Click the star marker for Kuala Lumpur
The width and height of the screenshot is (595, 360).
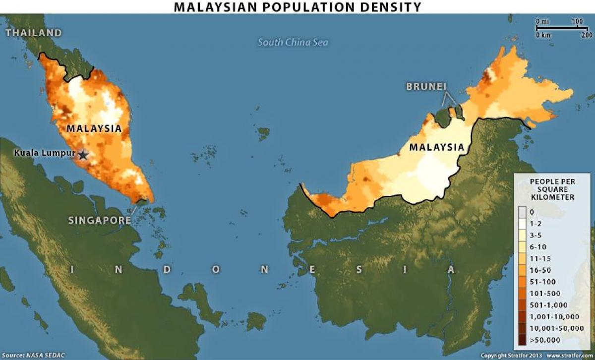pyautogui.click(x=83, y=155)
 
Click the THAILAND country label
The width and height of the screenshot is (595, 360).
pyautogui.click(x=34, y=33)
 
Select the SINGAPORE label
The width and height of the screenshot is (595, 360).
pyautogui.click(x=100, y=220)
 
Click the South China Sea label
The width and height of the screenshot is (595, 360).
pyautogui.click(x=293, y=43)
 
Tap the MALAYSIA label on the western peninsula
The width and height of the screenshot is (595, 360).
pyautogui.click(x=94, y=128)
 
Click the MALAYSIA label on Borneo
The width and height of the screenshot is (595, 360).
pyautogui.click(x=437, y=147)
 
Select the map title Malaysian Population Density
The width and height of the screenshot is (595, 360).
pyautogui.click(x=297, y=7)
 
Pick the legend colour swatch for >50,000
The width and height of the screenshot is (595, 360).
pyautogui.click(x=523, y=340)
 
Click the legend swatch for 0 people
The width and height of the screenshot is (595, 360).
pyautogui.click(x=523, y=212)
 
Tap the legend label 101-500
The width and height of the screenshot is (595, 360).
pyautogui.click(x=545, y=293)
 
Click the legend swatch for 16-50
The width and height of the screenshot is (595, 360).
pyautogui.click(x=523, y=270)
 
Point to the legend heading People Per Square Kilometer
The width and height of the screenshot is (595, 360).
pyautogui.click(x=552, y=189)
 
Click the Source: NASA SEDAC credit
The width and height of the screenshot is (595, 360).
pyautogui.click(x=33, y=356)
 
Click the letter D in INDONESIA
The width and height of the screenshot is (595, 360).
pyautogui.click(x=167, y=269)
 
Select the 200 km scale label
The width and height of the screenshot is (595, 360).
pyautogui.click(x=587, y=35)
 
